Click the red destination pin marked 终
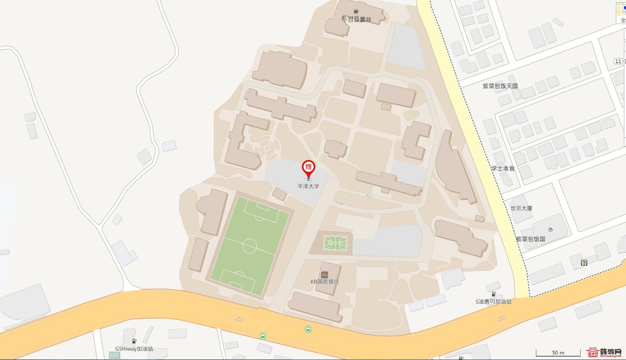pyautogui.click(x=309, y=167)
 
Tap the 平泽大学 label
pyautogui.click(x=309, y=186)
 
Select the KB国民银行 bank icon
pyautogui.click(x=324, y=275)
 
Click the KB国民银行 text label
pyautogui.click(x=325, y=282)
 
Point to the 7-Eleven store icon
pyautogui.click(x=584, y=262)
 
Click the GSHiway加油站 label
pyautogui.click(x=134, y=349)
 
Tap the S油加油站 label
pyautogui.click(x=493, y=301)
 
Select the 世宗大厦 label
pyautogui.click(x=521, y=208)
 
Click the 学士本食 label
pyautogui.click(x=503, y=168)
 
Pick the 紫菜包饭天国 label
pyautogui.click(x=500, y=86)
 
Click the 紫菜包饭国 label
pyautogui.click(x=530, y=239)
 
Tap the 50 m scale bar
pyautogui.click(x=558, y=353)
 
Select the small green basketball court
pyautogui.click(x=335, y=243)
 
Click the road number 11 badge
pyautogui.click(x=618, y=61)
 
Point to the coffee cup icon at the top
pyautogui.click(x=356, y=11)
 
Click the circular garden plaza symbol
pyautogui.click(x=269, y=148)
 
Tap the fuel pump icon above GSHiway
pyautogui.click(x=134, y=341)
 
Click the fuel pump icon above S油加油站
pyautogui.click(x=493, y=294)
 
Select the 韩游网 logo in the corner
pyautogui.click(x=605, y=352)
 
